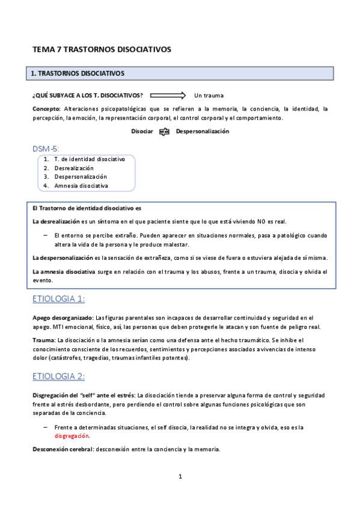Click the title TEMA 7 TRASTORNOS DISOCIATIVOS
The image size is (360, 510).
[102, 49]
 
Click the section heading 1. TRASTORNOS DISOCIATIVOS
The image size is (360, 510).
[78, 73]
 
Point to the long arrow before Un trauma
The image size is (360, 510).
[168, 95]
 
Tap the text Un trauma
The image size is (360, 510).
[209, 96]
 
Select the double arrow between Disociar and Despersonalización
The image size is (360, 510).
[165, 131]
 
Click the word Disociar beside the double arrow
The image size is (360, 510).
[142, 131]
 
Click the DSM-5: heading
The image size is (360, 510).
[46, 148]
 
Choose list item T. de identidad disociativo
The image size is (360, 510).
[89, 159]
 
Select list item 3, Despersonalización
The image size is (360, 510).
[80, 177]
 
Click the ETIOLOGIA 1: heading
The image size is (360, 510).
[58, 300]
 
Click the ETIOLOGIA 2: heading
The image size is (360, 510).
[58, 376]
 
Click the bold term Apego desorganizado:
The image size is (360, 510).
[63, 318]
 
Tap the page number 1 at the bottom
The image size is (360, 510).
[180, 477]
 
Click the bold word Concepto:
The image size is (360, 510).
[46, 109]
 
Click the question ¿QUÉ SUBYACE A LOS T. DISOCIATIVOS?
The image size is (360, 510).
[88, 96]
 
